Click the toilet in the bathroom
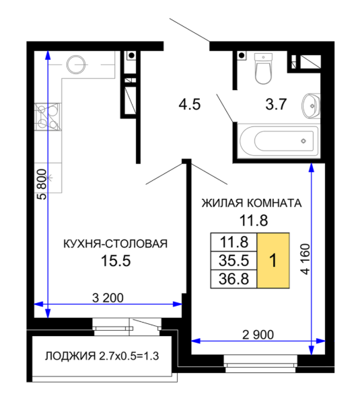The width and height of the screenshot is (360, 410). pyautogui.click(x=263, y=69)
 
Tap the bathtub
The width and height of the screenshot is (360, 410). pyautogui.click(x=279, y=141)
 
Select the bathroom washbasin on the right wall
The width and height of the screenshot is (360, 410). pyautogui.click(x=311, y=106)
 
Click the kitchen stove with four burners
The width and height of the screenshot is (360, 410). pyautogui.click(x=48, y=117)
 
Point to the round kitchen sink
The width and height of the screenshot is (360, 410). pyautogui.click(x=76, y=65)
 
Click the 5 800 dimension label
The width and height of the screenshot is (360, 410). pyautogui.click(x=42, y=184)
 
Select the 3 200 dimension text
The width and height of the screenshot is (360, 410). pyautogui.click(x=108, y=298)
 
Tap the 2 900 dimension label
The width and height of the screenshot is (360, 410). pyautogui.click(x=258, y=335)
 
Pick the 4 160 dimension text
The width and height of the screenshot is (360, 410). pyautogui.click(x=305, y=259)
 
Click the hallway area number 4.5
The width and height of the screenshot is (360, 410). pyautogui.click(x=190, y=104)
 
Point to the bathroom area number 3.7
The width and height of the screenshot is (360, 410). pyautogui.click(x=276, y=104)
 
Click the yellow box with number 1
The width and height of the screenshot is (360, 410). pyautogui.click(x=273, y=260)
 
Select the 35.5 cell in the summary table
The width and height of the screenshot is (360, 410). pyautogui.click(x=233, y=260)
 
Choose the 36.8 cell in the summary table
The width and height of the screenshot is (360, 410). pyautogui.click(x=233, y=279)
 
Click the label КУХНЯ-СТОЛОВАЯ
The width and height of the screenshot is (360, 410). pyautogui.click(x=116, y=244)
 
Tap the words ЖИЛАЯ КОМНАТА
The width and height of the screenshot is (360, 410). pyautogui.click(x=252, y=203)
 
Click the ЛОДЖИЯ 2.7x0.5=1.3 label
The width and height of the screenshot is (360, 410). pyautogui.click(x=102, y=356)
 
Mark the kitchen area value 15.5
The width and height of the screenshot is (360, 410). pyautogui.click(x=116, y=261)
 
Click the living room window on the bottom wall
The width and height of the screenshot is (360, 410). pyautogui.click(x=261, y=364)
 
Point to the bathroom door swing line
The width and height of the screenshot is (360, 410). pyautogui.click(x=225, y=108)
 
